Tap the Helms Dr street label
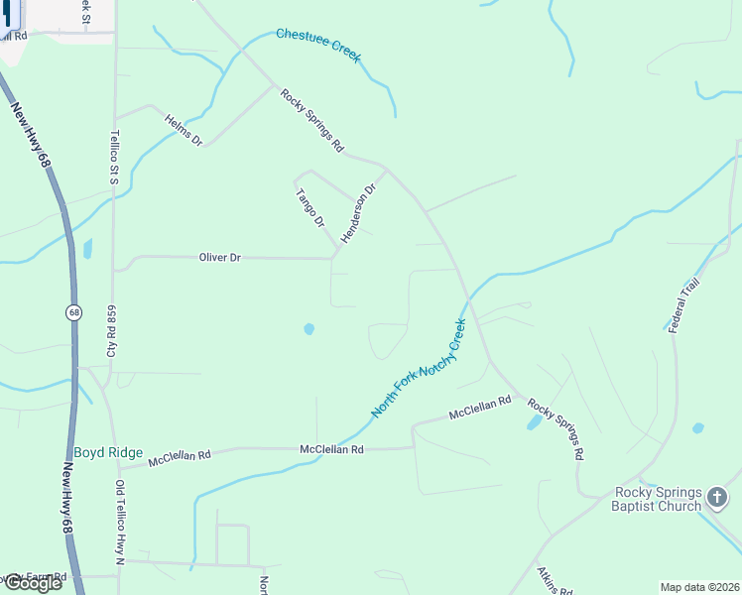pyautogui.click(x=185, y=129)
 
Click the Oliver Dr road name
pyautogui.click(x=220, y=258)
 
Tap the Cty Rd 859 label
pyautogui.click(x=112, y=331)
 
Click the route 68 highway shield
pyautogui.click(x=74, y=312)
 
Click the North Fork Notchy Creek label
pyautogui.click(x=418, y=368)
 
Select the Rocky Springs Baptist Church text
pyautogui.click(x=658, y=500)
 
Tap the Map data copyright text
pyautogui.click(x=699, y=587)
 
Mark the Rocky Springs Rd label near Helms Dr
pyautogui.click(x=311, y=121)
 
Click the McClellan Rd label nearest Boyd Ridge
pyautogui.click(x=180, y=458)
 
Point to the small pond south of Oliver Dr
pyautogui.click(x=309, y=329)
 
